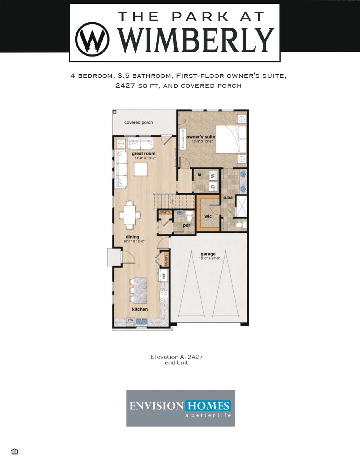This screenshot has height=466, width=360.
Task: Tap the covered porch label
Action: click(x=138, y=122)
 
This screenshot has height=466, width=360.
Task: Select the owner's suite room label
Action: click(x=201, y=137)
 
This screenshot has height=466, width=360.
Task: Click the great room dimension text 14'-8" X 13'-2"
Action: click(x=145, y=158)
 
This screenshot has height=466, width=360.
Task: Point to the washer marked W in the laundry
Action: click(x=213, y=176)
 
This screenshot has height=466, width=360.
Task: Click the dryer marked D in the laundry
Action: click(x=213, y=186)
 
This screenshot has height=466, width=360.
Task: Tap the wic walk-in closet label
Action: click(x=208, y=216)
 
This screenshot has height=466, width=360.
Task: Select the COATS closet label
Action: click(x=165, y=212)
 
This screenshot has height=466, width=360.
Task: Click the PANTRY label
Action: click(x=166, y=260)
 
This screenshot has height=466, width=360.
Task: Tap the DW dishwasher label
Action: click(x=130, y=320)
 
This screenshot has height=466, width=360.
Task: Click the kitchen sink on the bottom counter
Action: click(x=142, y=321)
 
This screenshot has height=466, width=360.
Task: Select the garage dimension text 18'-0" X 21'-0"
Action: click(x=209, y=258)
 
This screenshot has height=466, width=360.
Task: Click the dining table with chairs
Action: click(x=130, y=215)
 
